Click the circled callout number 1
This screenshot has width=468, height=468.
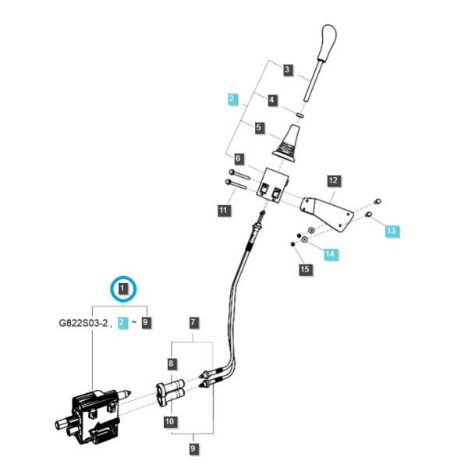[x=122, y=289]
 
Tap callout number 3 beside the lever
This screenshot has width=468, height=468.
[x=287, y=70]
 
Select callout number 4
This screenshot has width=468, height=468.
[x=271, y=100]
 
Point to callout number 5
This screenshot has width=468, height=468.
[x=258, y=128]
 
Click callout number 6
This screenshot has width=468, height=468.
[x=238, y=158]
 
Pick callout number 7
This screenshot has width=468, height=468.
[x=193, y=322]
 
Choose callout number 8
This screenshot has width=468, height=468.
[x=171, y=363]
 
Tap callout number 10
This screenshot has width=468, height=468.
[x=169, y=421]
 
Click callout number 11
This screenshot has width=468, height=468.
[x=223, y=210]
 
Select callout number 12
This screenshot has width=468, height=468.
[x=333, y=181]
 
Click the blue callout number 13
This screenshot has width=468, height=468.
[x=391, y=230]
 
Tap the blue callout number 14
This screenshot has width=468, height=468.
[x=330, y=253]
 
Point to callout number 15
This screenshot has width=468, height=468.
[x=304, y=269]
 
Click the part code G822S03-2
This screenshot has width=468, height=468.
[x=83, y=323]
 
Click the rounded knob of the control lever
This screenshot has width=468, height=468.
[x=328, y=41]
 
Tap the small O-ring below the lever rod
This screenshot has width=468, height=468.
[x=300, y=115]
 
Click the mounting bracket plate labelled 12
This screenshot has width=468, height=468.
[x=328, y=213]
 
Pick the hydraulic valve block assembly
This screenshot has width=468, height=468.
[x=94, y=417]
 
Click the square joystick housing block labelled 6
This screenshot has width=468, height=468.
[x=272, y=186]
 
